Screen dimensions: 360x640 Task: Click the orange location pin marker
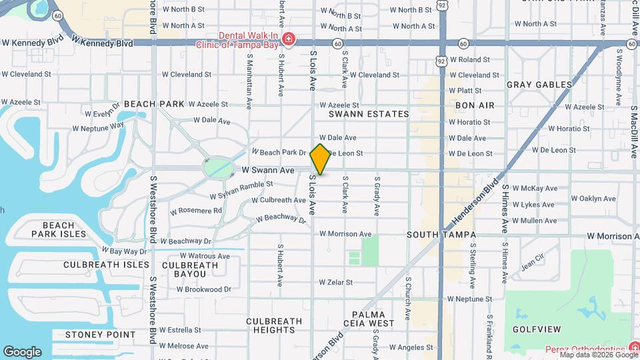[321, 159]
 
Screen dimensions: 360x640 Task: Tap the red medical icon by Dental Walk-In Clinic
[288, 39]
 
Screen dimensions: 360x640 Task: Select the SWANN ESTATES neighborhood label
[369, 114]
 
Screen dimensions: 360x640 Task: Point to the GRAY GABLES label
[539, 85]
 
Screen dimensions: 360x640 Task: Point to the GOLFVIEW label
[534, 329]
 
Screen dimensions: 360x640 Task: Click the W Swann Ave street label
[268, 171]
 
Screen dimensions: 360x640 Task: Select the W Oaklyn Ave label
[593, 199]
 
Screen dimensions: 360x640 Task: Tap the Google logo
[22, 351]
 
